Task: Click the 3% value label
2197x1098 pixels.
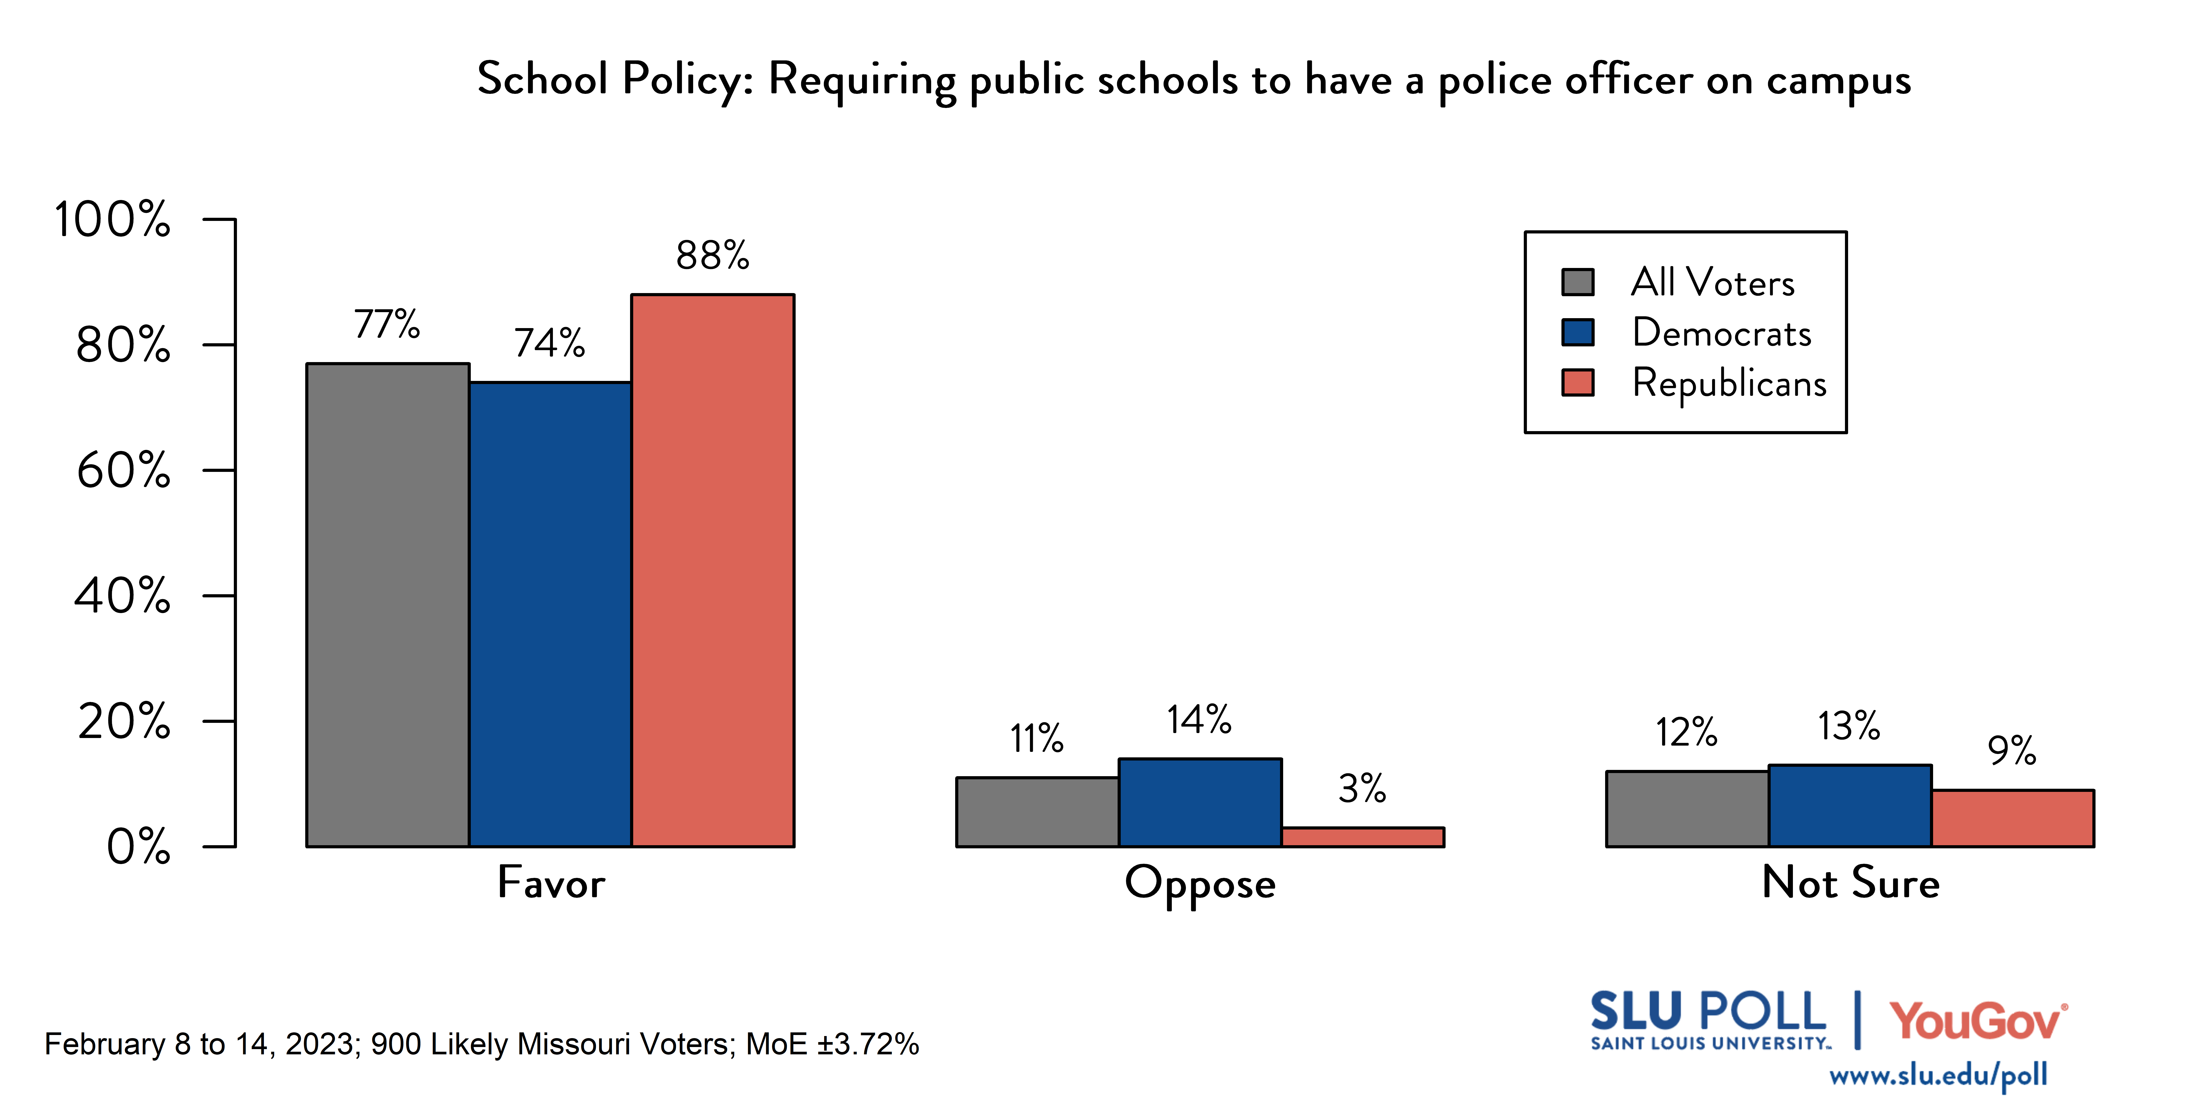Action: click(1362, 788)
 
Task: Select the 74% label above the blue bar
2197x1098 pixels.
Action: click(549, 343)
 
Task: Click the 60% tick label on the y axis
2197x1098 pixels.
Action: click(124, 471)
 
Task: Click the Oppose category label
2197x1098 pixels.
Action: click(1200, 884)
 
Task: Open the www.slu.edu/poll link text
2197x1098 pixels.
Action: click(1938, 1075)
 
